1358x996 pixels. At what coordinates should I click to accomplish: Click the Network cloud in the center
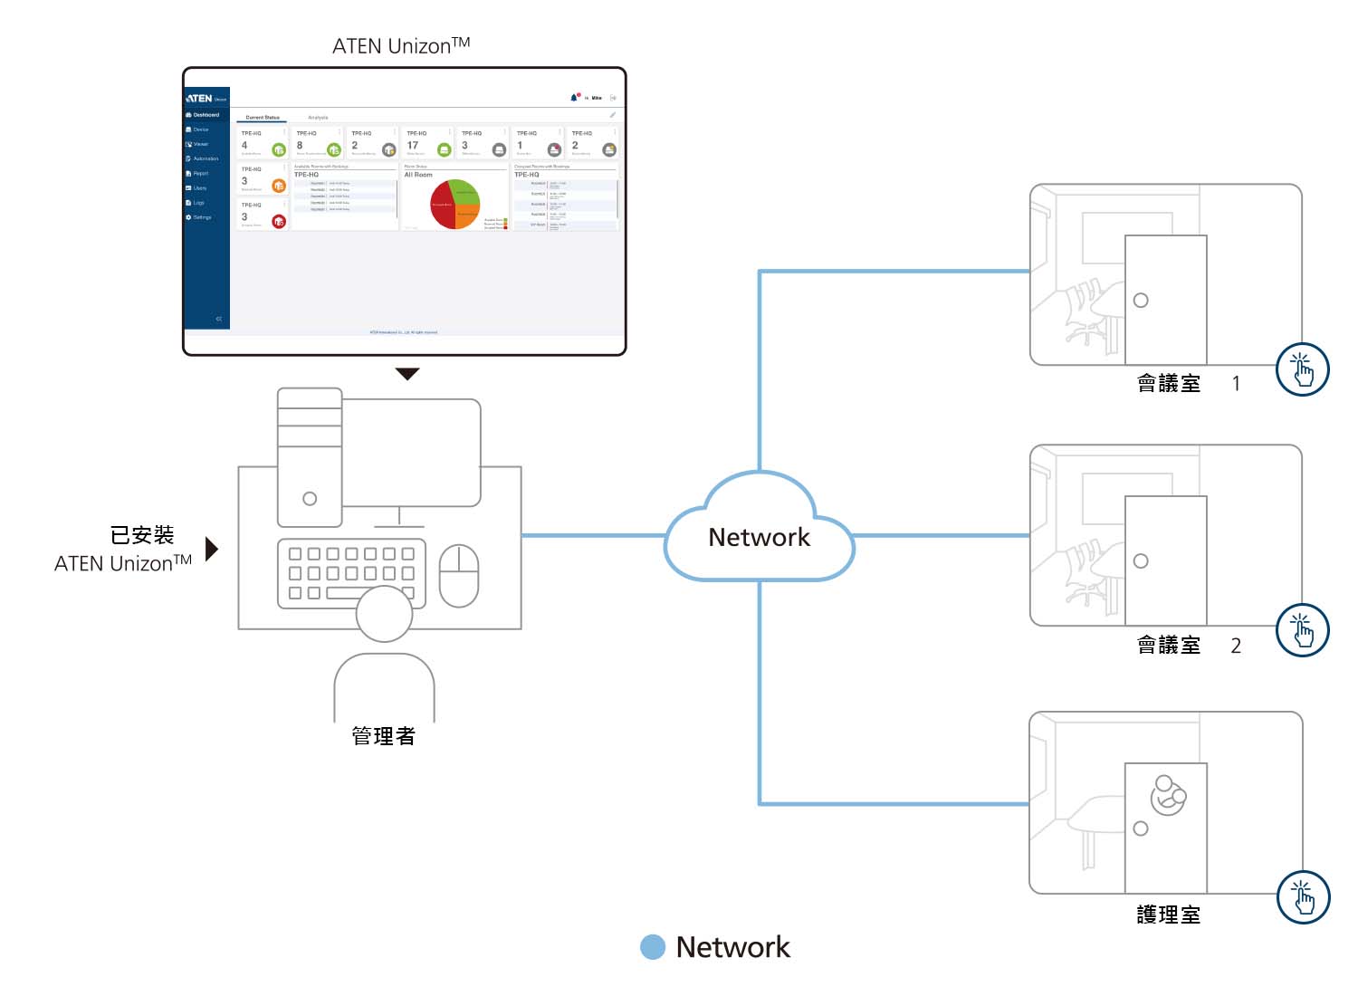[x=759, y=536]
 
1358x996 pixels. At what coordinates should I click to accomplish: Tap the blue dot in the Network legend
[x=653, y=947]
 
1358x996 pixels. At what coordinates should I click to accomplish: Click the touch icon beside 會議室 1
[x=1302, y=369]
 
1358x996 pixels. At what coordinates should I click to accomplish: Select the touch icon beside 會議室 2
[x=1302, y=630]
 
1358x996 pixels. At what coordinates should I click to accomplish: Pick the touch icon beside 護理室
[x=1303, y=897]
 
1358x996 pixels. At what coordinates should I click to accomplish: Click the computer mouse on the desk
[x=458, y=576]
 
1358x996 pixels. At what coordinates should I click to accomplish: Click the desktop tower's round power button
[x=310, y=499]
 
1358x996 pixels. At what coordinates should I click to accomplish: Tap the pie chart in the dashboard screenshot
[x=455, y=204]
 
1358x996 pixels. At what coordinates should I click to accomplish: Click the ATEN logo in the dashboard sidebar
[x=199, y=98]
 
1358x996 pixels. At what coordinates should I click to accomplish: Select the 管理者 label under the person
[x=383, y=736]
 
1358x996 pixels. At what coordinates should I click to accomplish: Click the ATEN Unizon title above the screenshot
[x=401, y=45]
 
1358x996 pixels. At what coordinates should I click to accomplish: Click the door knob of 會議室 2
[x=1141, y=561]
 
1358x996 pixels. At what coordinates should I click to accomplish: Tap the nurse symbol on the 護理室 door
[x=1167, y=796]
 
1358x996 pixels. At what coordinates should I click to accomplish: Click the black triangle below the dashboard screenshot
[x=407, y=373]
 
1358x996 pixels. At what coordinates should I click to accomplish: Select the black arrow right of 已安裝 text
[x=212, y=549]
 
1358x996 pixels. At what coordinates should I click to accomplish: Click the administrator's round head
[x=384, y=614]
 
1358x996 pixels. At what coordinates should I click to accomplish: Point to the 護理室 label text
[x=1168, y=915]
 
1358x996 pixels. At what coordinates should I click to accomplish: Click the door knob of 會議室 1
[x=1141, y=301]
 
